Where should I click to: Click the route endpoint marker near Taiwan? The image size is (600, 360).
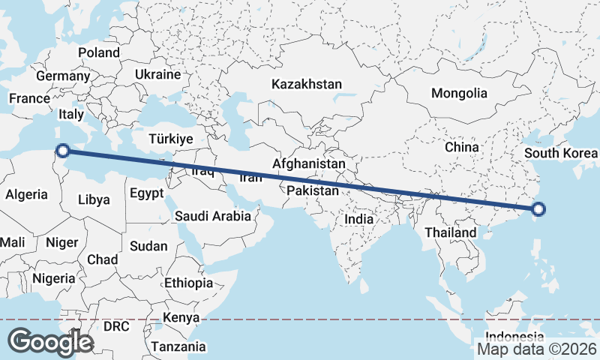tap(537, 211)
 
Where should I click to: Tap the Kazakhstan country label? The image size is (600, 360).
tap(307, 84)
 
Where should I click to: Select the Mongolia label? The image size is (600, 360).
tap(458, 94)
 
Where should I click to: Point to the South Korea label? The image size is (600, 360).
tap(560, 154)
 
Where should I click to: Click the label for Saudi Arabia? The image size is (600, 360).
tap(212, 216)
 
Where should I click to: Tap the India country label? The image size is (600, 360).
tap(358, 220)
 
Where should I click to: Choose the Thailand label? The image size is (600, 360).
tap(450, 232)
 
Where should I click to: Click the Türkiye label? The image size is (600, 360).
tap(171, 139)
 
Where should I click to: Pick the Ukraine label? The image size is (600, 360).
tap(157, 74)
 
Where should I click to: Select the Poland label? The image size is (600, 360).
tap(99, 52)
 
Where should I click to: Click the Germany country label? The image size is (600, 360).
tap(62, 76)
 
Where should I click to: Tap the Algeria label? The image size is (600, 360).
tap(26, 194)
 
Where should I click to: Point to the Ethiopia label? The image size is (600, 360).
tap(188, 283)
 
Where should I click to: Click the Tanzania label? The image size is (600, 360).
tap(178, 346)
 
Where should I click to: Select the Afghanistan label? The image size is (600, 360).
tap(309, 163)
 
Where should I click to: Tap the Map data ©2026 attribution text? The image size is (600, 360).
tap(536, 349)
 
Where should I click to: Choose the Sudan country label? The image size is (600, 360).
tap(148, 246)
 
